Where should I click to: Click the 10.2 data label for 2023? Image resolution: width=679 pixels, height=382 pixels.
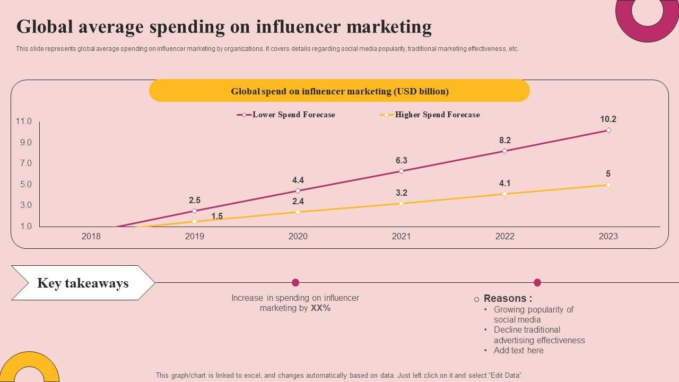[608, 119]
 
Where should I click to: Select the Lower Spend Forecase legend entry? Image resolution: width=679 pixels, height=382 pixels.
[293, 115]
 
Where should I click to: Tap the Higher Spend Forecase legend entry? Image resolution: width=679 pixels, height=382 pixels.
[437, 115]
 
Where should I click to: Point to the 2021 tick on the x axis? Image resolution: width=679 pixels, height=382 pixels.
[401, 237]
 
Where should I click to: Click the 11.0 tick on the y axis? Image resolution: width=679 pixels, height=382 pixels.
[24, 121]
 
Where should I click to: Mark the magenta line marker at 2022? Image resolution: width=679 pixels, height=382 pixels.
[504, 151]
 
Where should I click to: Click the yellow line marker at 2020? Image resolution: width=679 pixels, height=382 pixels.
[298, 212]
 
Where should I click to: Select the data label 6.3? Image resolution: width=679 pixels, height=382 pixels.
[401, 161]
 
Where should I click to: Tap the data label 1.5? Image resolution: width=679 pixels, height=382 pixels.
[217, 216]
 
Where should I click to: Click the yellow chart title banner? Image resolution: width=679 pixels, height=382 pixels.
[339, 91]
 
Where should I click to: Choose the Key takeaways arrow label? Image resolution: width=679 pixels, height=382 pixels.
[83, 283]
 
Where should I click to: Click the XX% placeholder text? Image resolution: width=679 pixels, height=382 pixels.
[320, 308]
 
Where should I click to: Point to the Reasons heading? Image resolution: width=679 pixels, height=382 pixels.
[507, 299]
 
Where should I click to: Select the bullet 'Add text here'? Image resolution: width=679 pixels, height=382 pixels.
[518, 350]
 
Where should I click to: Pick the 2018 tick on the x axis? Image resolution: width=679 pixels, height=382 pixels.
[91, 237]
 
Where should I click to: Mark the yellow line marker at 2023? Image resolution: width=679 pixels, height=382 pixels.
[608, 185]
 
